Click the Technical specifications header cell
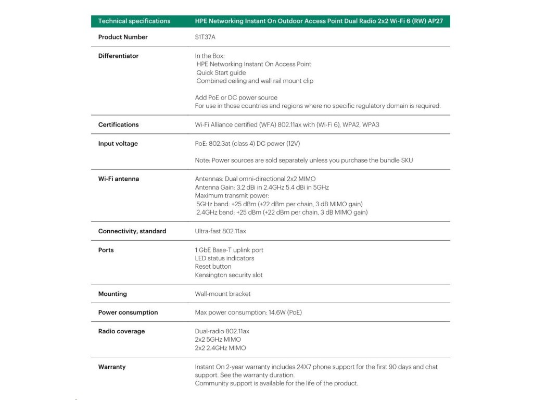tap(134, 21)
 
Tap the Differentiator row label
tap(118, 56)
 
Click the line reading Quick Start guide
tap(221, 72)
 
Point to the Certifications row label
tap(118, 124)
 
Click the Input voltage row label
tap(118, 143)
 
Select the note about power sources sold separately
tap(303, 160)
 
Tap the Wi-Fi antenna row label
tap(119, 179)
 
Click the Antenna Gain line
tap(262, 187)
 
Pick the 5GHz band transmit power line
tap(280, 204)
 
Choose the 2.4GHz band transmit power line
tap(282, 212)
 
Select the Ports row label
tap(106, 250)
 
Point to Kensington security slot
tap(229, 274)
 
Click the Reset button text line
tap(213, 266)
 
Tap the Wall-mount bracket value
tap(223, 294)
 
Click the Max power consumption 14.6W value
tap(248, 312)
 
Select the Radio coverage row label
tap(121, 331)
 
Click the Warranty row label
tap(112, 367)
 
